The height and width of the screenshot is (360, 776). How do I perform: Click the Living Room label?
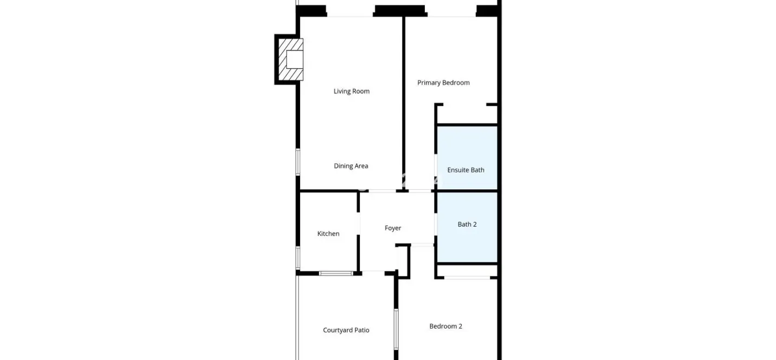coord(351,91)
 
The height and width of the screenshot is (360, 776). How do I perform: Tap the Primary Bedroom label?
coord(443,83)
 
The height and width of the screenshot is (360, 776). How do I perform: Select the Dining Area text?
coord(351,166)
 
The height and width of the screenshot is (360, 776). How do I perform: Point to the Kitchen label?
coord(328,234)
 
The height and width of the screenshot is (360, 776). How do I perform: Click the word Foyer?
coord(393,228)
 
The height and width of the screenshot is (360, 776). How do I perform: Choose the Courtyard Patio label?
coord(346,330)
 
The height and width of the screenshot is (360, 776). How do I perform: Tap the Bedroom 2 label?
coord(445,326)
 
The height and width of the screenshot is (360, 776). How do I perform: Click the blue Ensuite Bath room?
coord(467,158)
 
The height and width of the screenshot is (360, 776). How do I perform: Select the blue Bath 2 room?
coord(467,227)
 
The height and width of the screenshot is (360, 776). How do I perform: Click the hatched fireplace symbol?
coord(290,59)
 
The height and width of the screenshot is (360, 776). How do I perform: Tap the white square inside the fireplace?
coord(295,59)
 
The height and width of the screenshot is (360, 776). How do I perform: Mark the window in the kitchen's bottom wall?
coord(335,273)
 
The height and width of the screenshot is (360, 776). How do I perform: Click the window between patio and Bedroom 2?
coord(396,329)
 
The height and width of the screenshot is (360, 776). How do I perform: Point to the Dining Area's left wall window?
coord(298,162)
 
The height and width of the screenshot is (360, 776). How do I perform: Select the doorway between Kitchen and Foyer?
coord(359,223)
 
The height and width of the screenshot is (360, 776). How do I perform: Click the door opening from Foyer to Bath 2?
coord(436,224)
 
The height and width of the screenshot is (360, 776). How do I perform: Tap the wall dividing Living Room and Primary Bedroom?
coord(404,103)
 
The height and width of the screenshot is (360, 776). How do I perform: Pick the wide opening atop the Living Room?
coord(350,16)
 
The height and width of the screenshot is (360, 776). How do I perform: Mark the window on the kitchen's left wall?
coord(298,258)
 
